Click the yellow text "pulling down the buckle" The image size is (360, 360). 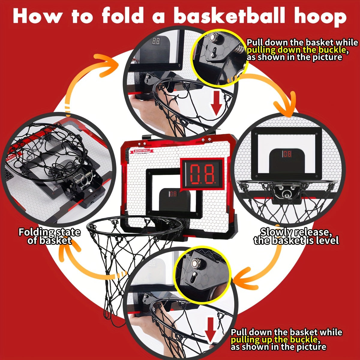(297, 50)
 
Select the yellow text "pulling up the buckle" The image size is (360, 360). (274, 339)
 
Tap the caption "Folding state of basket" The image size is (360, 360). (49, 236)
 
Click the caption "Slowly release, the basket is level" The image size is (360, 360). (296, 236)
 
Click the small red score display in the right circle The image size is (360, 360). (286, 154)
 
